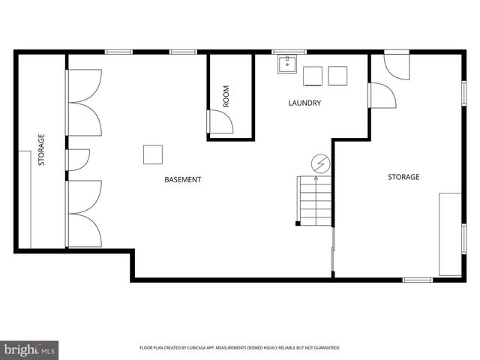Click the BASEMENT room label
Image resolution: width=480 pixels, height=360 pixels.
point(182,179)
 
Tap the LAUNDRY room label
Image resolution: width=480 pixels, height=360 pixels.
point(304,103)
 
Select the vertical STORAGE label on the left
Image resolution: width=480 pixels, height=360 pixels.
point(41,150)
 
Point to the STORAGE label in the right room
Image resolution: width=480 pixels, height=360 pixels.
point(403,177)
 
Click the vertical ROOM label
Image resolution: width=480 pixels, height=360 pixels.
point(226,95)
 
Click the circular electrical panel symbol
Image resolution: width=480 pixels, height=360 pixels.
point(320,163)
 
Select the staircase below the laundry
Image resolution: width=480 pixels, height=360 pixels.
point(315,199)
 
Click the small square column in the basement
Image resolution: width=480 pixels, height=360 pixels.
point(153,154)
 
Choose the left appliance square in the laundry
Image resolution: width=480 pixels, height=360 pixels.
point(313,76)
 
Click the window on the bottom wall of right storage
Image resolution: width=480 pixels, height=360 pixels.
point(418,280)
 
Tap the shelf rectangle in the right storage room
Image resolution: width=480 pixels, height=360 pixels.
point(450,234)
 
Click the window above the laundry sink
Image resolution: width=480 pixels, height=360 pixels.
point(283,52)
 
